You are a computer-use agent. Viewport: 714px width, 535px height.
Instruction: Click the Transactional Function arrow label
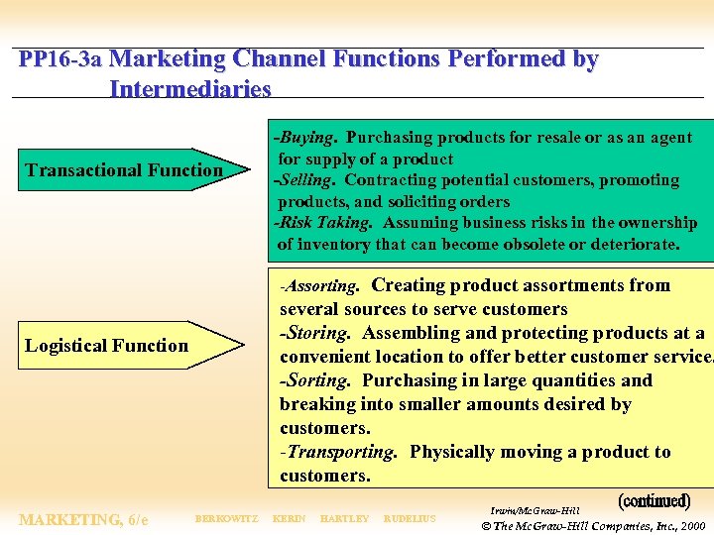[124, 170]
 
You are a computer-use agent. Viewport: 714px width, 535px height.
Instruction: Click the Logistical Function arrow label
[106, 346]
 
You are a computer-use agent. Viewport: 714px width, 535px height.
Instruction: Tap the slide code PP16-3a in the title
[60, 59]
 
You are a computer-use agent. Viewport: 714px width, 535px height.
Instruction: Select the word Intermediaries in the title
[190, 89]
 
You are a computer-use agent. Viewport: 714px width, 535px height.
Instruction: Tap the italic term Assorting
[321, 286]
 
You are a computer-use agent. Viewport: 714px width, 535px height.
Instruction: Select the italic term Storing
[316, 333]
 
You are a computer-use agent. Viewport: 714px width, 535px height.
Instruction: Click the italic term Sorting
[315, 380]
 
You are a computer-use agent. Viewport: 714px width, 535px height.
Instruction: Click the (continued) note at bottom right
[654, 501]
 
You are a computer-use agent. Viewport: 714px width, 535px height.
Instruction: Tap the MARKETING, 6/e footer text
[83, 519]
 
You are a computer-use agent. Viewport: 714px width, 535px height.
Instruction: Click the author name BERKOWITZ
[226, 519]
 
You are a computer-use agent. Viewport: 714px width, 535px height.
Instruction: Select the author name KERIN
[289, 519]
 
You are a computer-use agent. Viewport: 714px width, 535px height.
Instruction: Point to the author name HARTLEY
[345, 519]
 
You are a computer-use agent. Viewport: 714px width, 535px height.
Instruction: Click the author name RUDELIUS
[409, 519]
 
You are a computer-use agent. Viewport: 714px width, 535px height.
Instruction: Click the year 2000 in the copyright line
[691, 525]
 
